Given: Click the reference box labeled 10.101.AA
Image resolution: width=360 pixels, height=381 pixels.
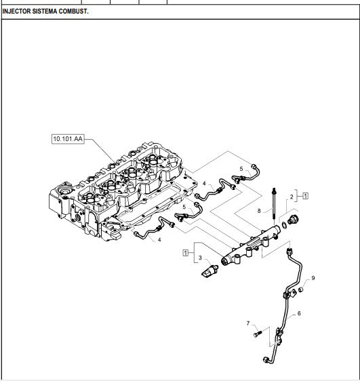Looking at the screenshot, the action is click(68, 139).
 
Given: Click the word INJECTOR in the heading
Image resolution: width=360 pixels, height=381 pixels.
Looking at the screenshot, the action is click(17, 11).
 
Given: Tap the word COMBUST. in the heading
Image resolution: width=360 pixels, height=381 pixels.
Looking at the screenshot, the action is click(74, 11).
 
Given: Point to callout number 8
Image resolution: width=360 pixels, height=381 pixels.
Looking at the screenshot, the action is click(259, 211).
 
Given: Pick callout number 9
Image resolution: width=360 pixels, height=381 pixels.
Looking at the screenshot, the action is click(313, 278).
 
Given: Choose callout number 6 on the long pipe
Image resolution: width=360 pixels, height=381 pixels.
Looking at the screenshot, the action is click(299, 313).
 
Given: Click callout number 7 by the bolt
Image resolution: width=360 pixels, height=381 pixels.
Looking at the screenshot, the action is click(248, 323).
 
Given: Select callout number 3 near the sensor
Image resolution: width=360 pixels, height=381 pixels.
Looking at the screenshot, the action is click(200, 258).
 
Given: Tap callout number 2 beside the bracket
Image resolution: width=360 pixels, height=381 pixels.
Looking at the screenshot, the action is click(292, 197).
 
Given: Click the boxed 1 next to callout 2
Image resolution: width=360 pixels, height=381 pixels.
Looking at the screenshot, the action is click(306, 196).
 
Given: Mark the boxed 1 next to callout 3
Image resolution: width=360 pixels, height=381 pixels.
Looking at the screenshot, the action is click(186, 253).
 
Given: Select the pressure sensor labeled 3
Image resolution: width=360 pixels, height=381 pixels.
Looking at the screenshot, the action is click(209, 271).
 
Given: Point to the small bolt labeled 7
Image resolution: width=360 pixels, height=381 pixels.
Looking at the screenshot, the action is click(258, 334).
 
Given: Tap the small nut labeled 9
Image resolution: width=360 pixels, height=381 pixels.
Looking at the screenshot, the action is click(301, 289).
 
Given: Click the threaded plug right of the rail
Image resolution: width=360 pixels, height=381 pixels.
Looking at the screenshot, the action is click(293, 220).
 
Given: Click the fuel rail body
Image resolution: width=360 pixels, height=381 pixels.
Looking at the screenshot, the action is click(251, 245).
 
